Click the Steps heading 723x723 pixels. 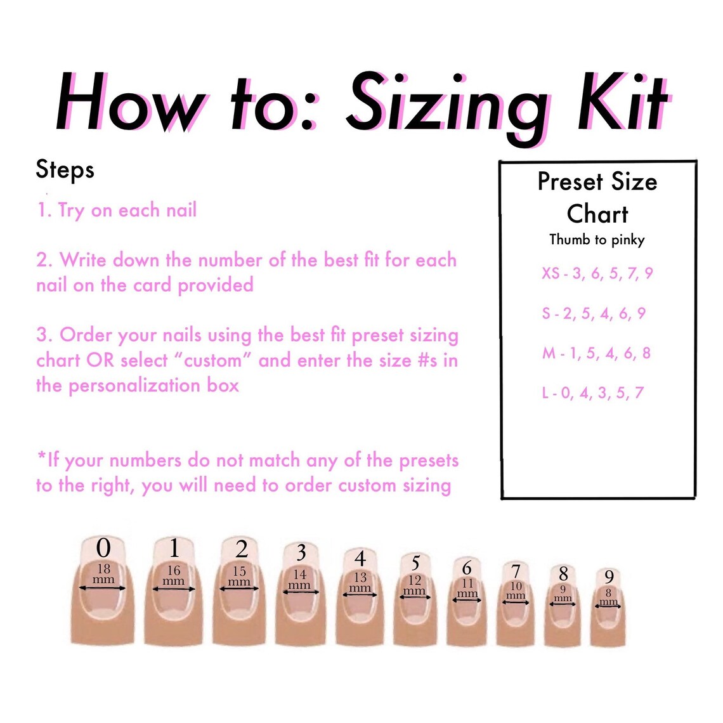tap(65, 170)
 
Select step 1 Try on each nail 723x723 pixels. tap(117, 210)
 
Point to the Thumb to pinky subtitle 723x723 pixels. tap(597, 240)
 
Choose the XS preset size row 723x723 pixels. tap(597, 273)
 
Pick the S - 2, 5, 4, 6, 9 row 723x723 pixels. tap(594, 313)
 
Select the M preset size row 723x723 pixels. tap(596, 353)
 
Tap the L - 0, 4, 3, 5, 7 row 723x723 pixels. tap(592, 393)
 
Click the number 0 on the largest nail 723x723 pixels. tap(103, 548)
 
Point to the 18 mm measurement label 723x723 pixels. tap(103, 574)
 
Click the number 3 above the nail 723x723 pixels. tap(301, 552)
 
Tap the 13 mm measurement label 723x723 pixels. tap(360, 582)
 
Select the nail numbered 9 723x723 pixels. tap(608, 609)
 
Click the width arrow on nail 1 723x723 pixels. tap(174, 590)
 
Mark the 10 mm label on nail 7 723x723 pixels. tap(516, 590)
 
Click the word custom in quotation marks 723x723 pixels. tap(212, 361)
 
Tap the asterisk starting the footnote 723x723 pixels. tap(42, 458)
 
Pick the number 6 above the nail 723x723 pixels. tap(467, 568)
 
